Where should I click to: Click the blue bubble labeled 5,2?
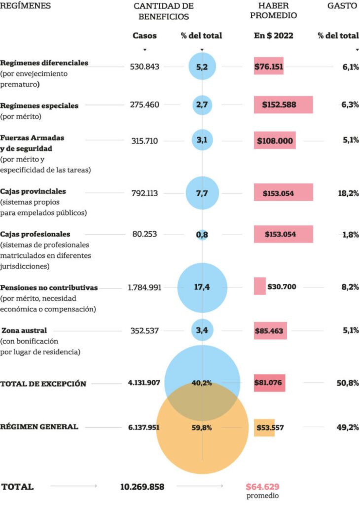click(202, 67)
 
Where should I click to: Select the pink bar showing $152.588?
click(283, 105)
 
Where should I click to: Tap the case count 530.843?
click(144, 67)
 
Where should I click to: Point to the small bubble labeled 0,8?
click(202, 235)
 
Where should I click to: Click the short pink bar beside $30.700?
click(260, 286)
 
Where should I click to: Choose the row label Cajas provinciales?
click(33, 191)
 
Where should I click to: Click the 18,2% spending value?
click(348, 193)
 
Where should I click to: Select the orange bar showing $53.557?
click(264, 428)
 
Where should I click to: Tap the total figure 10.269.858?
click(142, 487)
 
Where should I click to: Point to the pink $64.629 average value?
click(262, 487)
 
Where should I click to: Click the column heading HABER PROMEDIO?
click(273, 10)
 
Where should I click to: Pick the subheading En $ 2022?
click(273, 36)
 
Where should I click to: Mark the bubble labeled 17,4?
click(202, 288)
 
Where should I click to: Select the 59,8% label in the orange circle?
click(202, 428)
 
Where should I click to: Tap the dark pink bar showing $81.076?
click(269, 383)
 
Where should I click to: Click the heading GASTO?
click(342, 6)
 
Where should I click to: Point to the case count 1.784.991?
click(144, 288)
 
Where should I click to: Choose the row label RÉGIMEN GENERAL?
click(39, 427)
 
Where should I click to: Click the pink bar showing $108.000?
click(275, 141)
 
